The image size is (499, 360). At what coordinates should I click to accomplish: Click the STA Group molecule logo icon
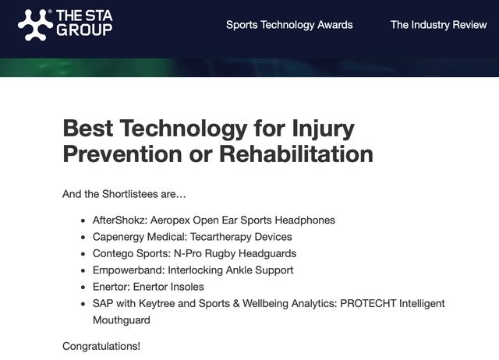tap(35, 25)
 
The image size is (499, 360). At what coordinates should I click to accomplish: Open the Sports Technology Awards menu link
tap(289, 25)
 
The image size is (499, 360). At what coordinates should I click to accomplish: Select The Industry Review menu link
tap(438, 25)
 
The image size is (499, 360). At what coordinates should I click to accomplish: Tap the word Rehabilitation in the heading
tap(296, 154)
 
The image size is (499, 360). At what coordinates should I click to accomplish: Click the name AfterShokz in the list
tap(120, 220)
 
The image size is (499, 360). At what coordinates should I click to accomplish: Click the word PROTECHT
tap(368, 303)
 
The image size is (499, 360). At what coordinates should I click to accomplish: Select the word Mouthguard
tap(122, 320)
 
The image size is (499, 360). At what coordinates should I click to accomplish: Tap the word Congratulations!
tap(101, 346)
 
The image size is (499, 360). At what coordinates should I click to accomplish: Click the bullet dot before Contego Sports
tap(83, 254)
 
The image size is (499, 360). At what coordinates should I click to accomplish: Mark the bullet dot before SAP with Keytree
tap(83, 304)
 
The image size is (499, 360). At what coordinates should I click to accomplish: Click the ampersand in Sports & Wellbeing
tap(236, 303)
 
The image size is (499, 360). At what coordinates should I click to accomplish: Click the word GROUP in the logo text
tap(84, 30)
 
